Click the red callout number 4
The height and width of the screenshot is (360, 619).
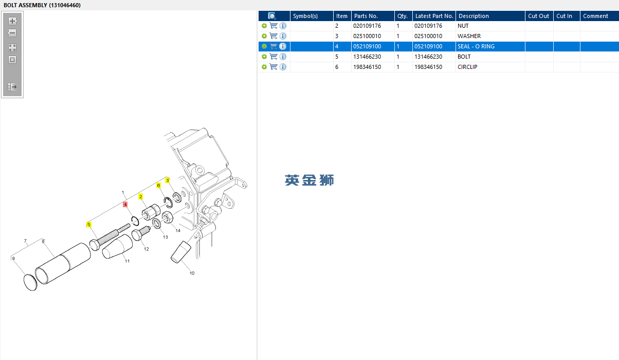click(x=125, y=204)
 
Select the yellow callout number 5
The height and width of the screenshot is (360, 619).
click(x=89, y=225)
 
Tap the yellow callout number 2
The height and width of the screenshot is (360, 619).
click(x=141, y=196)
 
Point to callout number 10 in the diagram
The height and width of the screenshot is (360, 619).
click(x=192, y=273)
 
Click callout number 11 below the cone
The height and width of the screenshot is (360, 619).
click(x=127, y=261)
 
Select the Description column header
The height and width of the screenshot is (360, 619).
click(x=474, y=16)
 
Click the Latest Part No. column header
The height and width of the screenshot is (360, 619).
click(x=434, y=16)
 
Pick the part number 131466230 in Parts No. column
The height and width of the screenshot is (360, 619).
click(x=367, y=57)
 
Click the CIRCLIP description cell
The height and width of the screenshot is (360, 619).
click(x=467, y=67)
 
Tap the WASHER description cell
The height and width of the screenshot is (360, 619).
click(x=469, y=36)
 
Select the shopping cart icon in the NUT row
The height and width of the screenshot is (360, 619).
click(x=274, y=26)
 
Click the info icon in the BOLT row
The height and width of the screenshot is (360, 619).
click(x=283, y=57)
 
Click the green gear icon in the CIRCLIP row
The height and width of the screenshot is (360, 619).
click(x=264, y=67)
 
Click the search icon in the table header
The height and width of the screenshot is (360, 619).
click(x=271, y=16)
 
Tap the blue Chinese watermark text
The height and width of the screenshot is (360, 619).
click(x=309, y=181)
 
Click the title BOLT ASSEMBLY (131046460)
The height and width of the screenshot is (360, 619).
click(x=42, y=5)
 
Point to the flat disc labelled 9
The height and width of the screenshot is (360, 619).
click(x=30, y=282)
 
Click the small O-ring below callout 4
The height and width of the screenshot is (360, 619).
click(x=135, y=221)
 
